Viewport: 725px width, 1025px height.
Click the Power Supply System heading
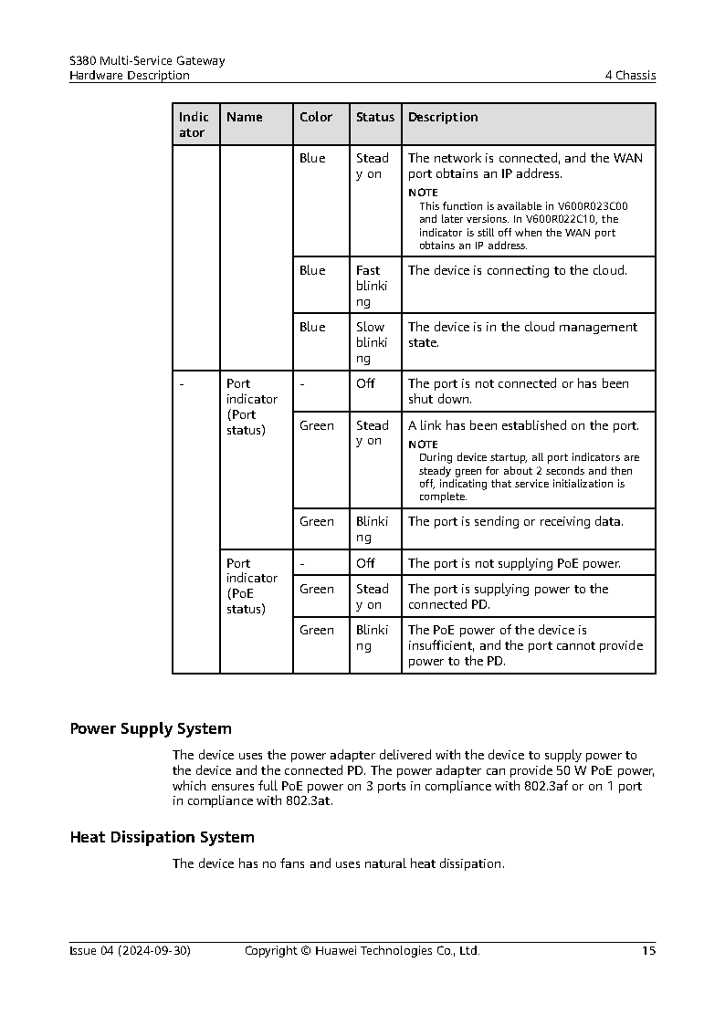(x=151, y=729)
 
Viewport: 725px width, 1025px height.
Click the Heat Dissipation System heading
(x=162, y=837)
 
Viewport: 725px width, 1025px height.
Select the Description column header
(x=443, y=118)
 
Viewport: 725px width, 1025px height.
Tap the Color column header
(x=316, y=118)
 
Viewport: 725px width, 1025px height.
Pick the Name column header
(x=245, y=118)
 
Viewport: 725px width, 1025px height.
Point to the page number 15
(x=648, y=951)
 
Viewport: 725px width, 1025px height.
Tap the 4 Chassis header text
(x=630, y=76)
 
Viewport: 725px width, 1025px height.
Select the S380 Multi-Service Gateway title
(x=147, y=61)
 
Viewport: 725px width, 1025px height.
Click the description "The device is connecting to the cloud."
(x=518, y=271)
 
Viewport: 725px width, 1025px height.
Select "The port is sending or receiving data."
(x=516, y=522)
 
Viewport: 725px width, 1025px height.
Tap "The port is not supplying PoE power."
(x=514, y=563)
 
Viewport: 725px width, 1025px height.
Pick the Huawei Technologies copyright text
(x=362, y=951)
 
